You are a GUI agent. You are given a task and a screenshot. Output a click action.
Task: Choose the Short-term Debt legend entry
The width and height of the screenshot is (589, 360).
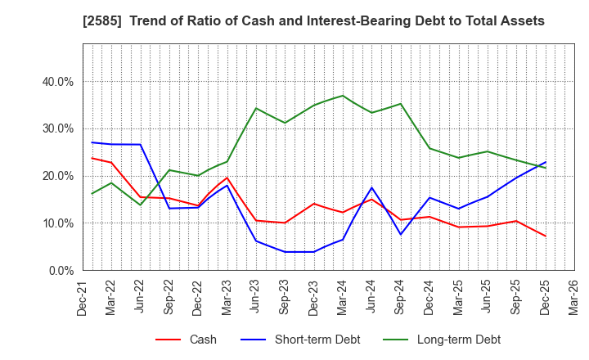tap(304, 340)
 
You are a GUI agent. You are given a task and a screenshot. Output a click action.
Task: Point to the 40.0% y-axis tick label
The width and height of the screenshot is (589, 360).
tap(57, 82)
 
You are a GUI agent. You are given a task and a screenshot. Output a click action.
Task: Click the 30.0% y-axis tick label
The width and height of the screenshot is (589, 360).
tap(57, 128)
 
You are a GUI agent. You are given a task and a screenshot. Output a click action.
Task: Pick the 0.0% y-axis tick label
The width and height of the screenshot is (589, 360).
tap(61, 270)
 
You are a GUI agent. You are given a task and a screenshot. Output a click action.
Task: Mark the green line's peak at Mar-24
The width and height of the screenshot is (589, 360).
tap(343, 96)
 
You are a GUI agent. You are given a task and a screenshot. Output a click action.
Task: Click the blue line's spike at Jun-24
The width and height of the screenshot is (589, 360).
tap(371, 187)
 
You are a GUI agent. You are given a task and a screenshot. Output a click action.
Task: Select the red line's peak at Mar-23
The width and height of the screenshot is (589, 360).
tap(227, 178)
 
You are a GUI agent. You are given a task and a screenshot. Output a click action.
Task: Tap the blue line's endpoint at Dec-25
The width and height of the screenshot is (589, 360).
tap(545, 162)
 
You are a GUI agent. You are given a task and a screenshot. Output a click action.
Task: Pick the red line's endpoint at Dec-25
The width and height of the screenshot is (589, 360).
tap(545, 236)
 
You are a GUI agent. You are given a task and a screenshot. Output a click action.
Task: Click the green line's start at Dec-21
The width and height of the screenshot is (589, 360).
tap(92, 194)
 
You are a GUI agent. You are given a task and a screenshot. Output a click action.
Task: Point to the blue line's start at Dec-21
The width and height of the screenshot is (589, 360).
tap(92, 142)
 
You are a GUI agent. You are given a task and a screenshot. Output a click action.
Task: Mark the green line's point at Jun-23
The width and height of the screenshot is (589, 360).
tap(256, 108)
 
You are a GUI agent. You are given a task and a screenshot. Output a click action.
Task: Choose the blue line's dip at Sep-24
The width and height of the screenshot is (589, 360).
tap(400, 235)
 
